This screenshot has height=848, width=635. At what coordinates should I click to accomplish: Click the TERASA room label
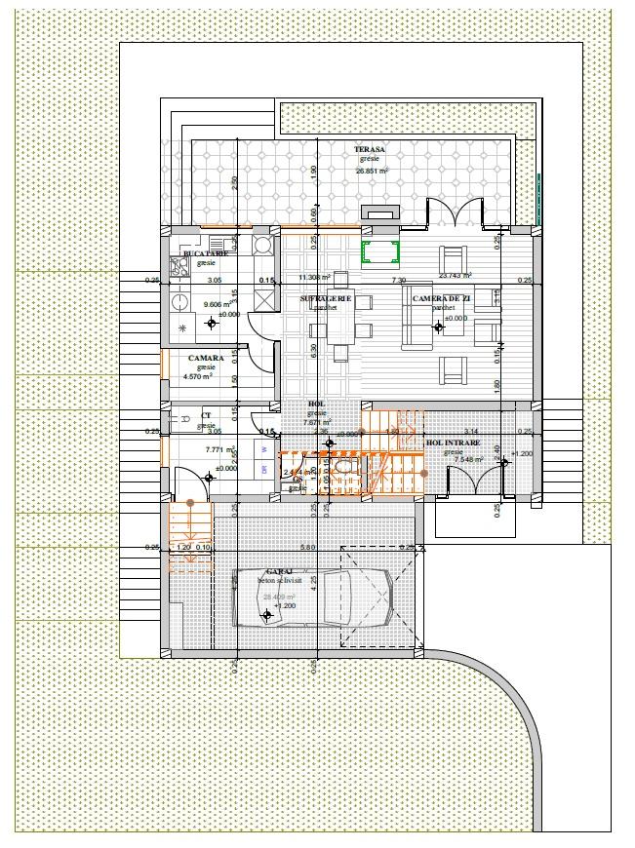[370, 149]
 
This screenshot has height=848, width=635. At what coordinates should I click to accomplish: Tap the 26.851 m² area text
[372, 171]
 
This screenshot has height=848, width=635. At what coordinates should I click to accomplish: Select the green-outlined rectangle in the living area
[380, 252]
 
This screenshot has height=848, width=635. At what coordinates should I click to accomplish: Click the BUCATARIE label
[205, 253]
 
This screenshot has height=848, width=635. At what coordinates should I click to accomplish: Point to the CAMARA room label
[206, 358]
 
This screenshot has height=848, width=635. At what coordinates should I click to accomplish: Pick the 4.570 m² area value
[205, 376]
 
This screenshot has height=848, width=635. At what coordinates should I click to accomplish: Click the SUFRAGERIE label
[326, 298]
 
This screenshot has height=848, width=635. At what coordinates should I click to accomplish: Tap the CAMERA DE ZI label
[442, 298]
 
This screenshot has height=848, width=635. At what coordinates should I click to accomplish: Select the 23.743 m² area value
[456, 276]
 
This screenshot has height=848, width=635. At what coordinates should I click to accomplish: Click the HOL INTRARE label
[454, 443]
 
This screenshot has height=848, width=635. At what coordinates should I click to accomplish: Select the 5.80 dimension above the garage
[308, 547]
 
